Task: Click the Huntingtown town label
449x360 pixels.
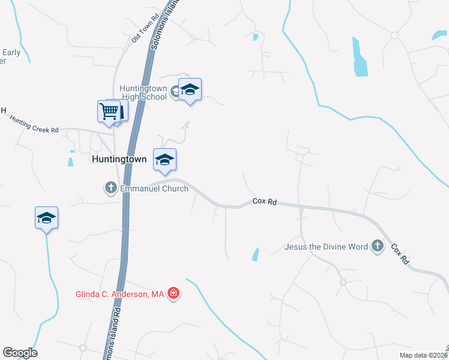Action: tap(118, 160)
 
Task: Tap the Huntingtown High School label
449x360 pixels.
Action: tap(143, 92)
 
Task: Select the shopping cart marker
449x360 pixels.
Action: tap(109, 112)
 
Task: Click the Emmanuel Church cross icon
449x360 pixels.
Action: tap(110, 188)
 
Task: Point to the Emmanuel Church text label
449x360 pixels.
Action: tap(154, 188)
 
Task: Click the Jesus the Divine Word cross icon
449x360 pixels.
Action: tap(377, 246)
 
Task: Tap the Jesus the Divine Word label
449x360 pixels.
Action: tap(327, 247)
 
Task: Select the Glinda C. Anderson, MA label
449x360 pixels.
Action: tap(120, 294)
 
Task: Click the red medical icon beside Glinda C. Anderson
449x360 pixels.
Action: tap(173, 293)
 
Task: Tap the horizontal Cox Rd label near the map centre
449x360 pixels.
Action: tap(264, 202)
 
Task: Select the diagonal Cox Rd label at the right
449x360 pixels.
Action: tap(399, 254)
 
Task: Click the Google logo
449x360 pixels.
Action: tap(20, 352)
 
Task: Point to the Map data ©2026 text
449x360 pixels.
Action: tap(423, 355)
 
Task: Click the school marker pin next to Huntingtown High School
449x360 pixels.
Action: tap(190, 91)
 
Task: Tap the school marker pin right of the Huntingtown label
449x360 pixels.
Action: tap(164, 160)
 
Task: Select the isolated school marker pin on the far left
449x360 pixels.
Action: tap(46, 218)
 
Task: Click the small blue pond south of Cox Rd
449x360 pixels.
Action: tap(256, 254)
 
